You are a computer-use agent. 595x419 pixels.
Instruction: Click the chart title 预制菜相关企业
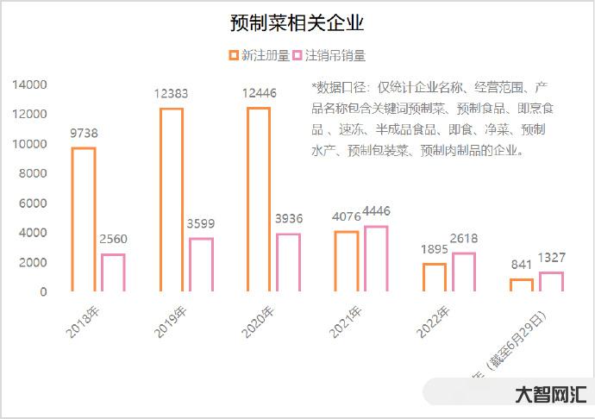tap(297, 22)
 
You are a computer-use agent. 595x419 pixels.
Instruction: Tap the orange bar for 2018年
tap(83, 220)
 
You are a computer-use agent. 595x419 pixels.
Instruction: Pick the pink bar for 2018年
tap(113, 272)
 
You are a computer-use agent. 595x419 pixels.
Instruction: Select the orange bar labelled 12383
tap(172, 200)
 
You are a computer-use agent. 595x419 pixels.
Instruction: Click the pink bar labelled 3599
tap(201, 265)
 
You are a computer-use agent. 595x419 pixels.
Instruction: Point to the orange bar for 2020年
tap(259, 199)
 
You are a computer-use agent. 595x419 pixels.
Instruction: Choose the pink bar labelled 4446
tap(376, 259)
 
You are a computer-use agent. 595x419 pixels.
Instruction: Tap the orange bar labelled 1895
tap(435, 278)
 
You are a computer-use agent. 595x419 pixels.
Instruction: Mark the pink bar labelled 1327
tap(551, 282)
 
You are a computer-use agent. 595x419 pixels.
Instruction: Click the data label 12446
tap(259, 93)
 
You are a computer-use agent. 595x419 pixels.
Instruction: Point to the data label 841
tap(521, 266)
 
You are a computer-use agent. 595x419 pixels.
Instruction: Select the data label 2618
tap(463, 238)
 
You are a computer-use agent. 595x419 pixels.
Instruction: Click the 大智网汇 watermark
tap(550, 395)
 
